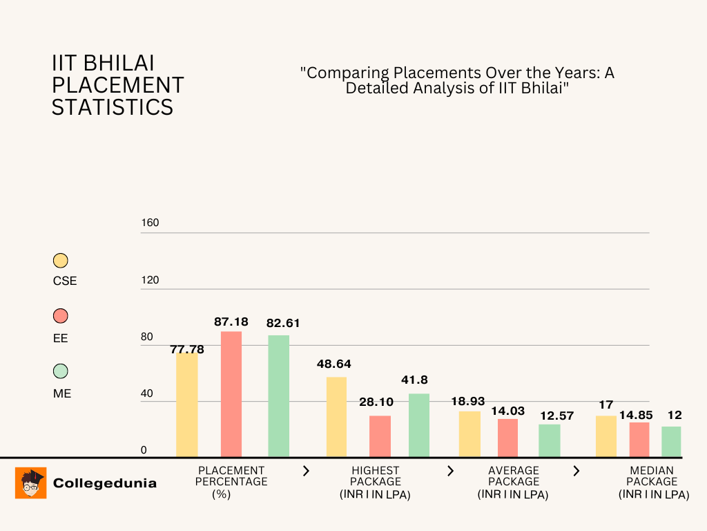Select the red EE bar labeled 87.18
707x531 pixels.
(231, 394)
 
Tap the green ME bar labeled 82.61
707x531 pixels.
(278, 396)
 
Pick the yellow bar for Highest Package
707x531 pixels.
(336, 417)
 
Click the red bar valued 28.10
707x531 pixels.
(380, 436)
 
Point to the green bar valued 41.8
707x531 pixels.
(418, 425)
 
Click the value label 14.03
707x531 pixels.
(508, 410)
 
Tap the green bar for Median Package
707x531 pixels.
(671, 442)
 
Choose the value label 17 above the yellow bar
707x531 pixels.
(606, 404)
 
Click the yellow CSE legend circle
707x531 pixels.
(61, 261)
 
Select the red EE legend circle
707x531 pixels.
(61, 316)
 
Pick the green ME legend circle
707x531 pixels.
(61, 371)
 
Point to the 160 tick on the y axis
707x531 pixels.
(150, 223)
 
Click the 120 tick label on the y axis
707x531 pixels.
(150, 280)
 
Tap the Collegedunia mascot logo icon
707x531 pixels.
(30, 483)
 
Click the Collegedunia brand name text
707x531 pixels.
(105, 483)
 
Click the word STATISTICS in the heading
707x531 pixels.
(113, 107)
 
